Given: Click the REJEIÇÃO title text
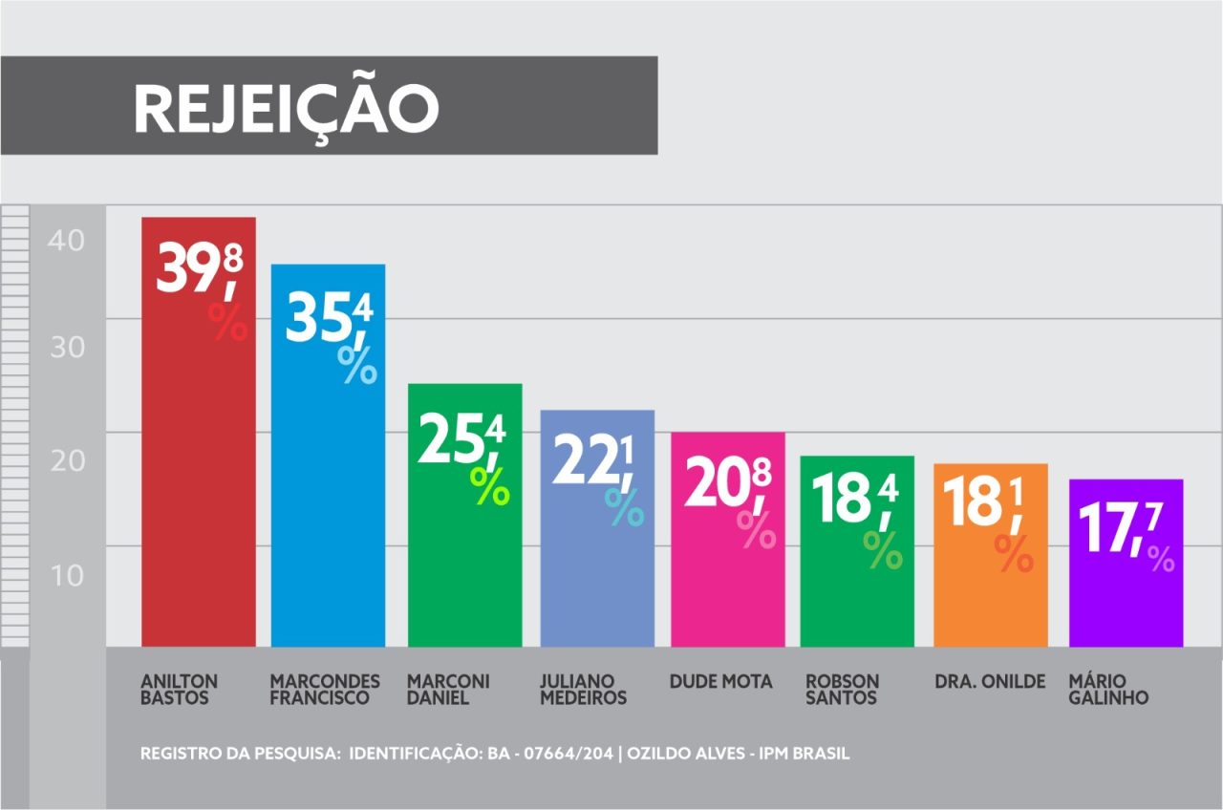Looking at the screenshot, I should point(286,108).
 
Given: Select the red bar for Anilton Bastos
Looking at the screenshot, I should point(198,478).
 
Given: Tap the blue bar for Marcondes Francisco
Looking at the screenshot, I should point(328,506).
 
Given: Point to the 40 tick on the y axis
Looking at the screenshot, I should point(67,241).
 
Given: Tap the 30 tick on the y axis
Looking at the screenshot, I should point(67,347).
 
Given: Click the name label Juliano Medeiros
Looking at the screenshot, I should point(583,690).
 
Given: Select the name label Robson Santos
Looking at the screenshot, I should point(842,690).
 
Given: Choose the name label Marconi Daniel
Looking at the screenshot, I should point(448,690).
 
